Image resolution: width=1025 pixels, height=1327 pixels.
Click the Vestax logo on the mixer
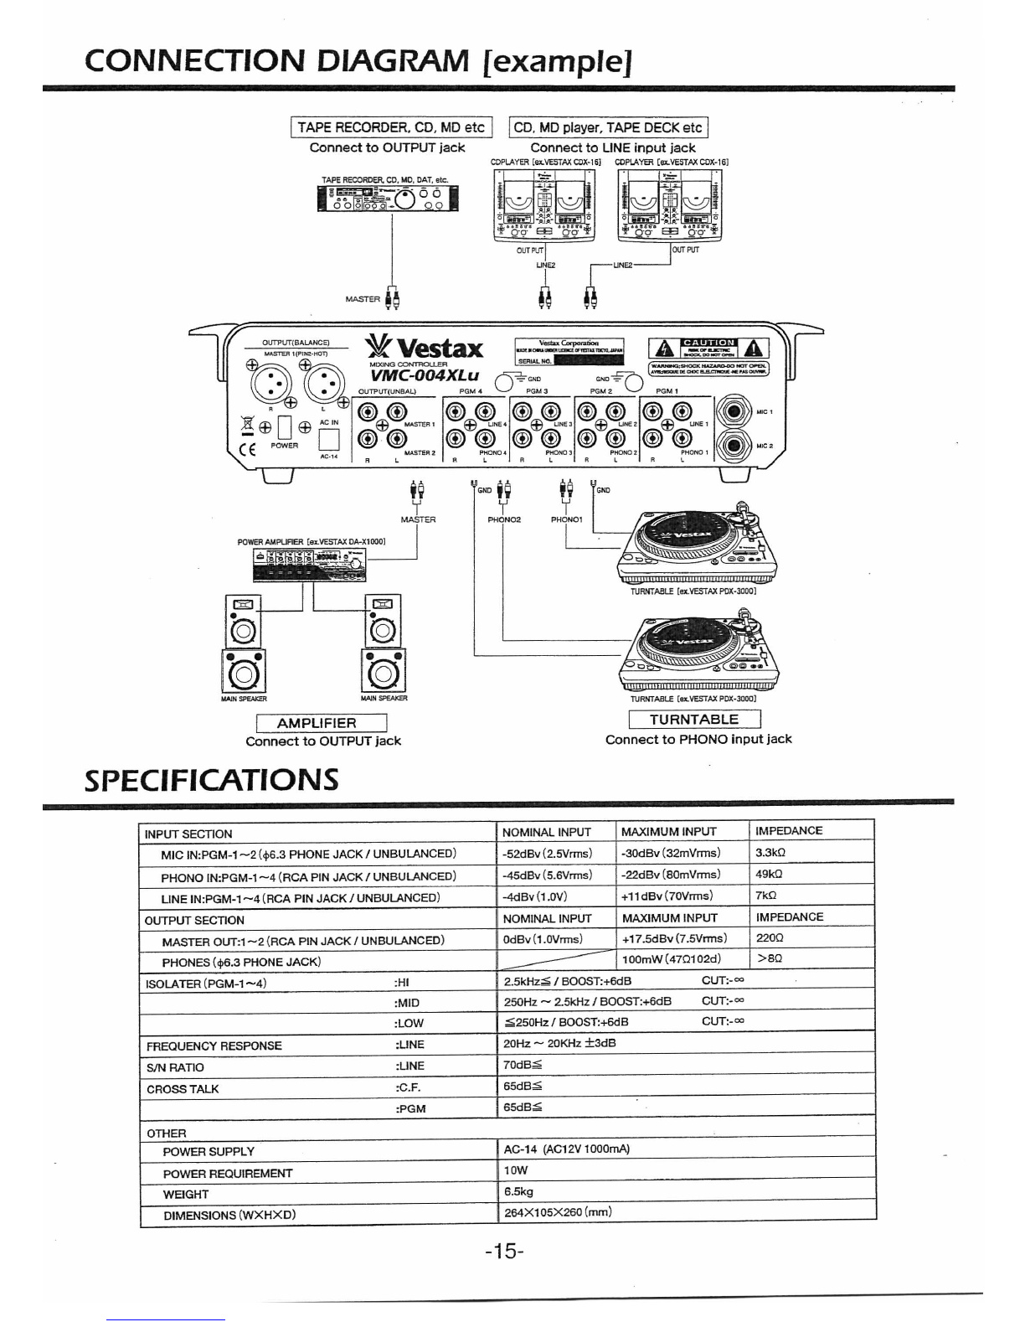click(x=425, y=348)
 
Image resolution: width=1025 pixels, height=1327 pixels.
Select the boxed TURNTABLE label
click(x=694, y=719)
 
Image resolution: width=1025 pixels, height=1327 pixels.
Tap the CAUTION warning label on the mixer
click(x=708, y=343)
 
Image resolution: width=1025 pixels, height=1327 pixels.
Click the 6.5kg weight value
click(x=519, y=1191)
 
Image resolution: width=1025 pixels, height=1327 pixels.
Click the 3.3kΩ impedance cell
click(x=770, y=853)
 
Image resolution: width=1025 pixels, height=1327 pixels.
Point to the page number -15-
click(x=504, y=1252)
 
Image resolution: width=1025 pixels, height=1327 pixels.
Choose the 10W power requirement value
click(x=515, y=1170)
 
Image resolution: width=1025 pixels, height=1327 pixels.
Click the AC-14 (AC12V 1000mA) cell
click(x=566, y=1149)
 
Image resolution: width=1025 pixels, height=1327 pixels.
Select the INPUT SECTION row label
click(x=188, y=834)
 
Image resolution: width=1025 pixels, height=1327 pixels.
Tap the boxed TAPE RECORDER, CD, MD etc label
click(x=391, y=127)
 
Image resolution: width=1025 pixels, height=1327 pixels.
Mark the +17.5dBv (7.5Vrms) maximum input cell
click(x=674, y=938)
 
